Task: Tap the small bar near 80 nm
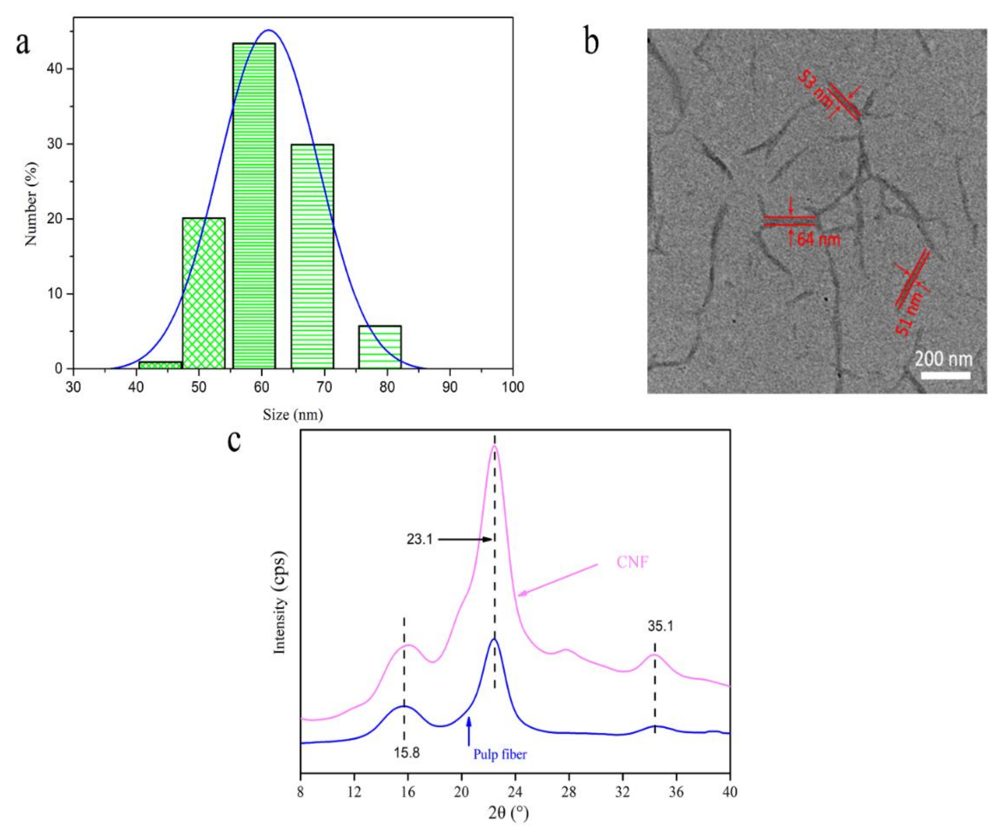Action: click(x=380, y=347)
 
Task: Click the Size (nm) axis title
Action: click(x=292, y=414)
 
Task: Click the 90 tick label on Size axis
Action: click(x=449, y=387)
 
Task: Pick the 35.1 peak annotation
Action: click(x=660, y=626)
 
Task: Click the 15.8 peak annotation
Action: click(x=406, y=753)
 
